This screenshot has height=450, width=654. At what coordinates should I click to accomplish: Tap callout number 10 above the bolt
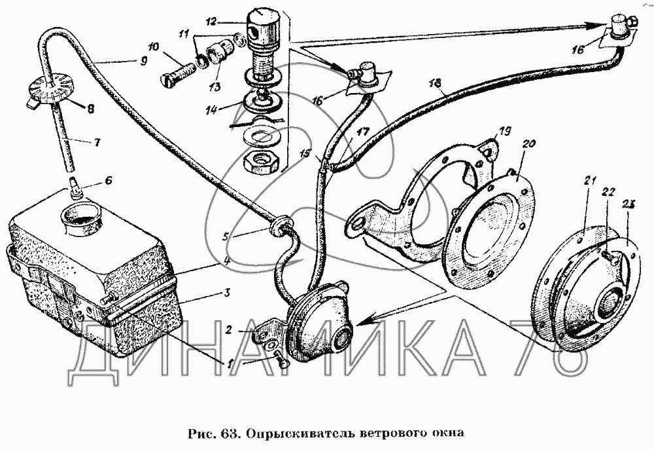point(154,47)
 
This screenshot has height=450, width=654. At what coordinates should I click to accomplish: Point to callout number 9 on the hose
point(143,61)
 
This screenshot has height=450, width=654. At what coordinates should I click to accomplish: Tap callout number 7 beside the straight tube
point(97,142)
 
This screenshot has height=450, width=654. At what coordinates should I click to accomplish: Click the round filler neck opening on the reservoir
point(81,217)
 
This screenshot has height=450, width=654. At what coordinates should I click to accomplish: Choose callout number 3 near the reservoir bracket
point(227,292)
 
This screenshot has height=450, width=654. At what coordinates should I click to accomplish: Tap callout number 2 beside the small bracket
point(228,329)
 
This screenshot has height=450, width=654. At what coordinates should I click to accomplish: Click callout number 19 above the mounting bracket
point(505,132)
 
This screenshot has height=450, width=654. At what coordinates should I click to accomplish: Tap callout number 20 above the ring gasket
point(528,145)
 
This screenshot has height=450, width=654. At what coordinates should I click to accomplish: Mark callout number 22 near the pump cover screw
point(608,191)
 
